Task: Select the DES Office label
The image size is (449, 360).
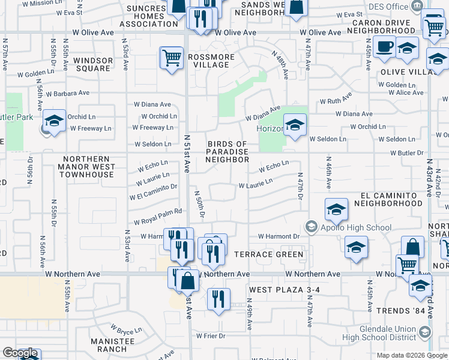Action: click(x=385, y=7)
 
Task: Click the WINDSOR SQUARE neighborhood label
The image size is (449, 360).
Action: click(x=92, y=64)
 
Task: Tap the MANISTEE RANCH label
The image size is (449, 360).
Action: click(x=109, y=344)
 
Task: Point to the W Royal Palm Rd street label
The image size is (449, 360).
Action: click(x=158, y=221)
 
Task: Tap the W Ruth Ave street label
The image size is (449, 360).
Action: click(x=336, y=101)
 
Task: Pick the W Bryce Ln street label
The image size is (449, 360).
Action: click(x=126, y=329)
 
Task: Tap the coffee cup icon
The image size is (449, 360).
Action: click(x=384, y=47)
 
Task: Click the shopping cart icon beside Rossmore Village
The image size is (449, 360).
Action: click(x=172, y=58)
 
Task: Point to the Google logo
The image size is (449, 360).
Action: click(x=20, y=353)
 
